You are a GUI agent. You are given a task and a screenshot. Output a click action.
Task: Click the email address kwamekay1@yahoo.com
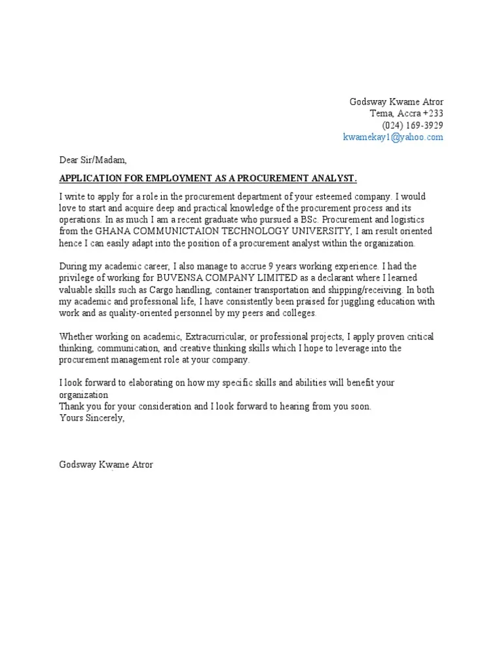393,137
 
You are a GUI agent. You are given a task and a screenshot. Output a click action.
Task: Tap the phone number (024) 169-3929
413,126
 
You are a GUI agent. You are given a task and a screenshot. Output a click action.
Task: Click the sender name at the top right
397,102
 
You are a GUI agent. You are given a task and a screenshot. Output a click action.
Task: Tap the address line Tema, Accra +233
407,114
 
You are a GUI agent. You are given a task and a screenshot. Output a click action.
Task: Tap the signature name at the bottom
106,465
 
